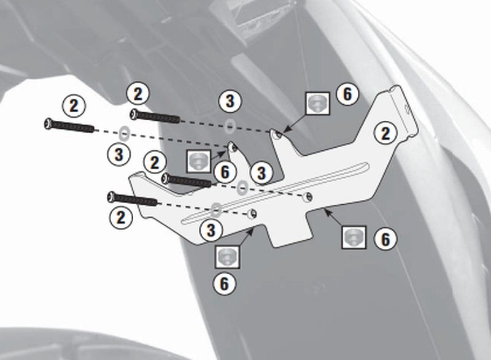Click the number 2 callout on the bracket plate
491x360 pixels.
tap(385, 134)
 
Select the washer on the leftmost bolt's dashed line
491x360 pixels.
tap(125, 133)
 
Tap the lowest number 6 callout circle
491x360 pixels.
tap(225, 284)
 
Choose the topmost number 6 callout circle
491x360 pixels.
tap(347, 94)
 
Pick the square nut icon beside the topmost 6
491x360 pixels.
tap(317, 104)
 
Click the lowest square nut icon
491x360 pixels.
tap(227, 257)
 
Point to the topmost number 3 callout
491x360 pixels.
tap(230, 101)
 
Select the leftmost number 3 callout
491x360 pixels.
tap(118, 154)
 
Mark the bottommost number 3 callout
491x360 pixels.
tap(211, 231)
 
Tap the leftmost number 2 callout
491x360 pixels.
tap(74, 105)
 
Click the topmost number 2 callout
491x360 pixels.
tap(138, 93)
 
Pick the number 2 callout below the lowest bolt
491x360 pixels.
tap(121, 217)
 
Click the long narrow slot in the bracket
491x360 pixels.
tap(275, 193)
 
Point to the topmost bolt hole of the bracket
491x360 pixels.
tap(277, 134)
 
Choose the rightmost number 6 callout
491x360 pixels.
tap(385, 239)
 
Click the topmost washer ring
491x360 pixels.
tap(231, 126)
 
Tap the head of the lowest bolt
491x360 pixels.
tap(111, 197)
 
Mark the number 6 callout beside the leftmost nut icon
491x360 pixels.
tap(225, 172)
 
